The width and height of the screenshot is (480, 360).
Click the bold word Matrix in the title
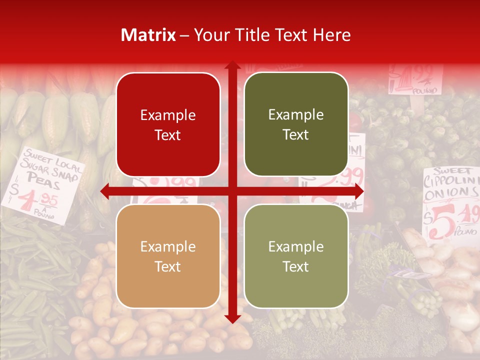(148, 35)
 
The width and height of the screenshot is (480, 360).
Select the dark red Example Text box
(168, 125)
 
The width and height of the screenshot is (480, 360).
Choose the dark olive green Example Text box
(296, 124)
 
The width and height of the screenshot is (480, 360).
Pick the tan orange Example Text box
(168, 256)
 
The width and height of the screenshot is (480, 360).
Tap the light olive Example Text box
(296, 256)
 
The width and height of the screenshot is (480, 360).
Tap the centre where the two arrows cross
(232, 191)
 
